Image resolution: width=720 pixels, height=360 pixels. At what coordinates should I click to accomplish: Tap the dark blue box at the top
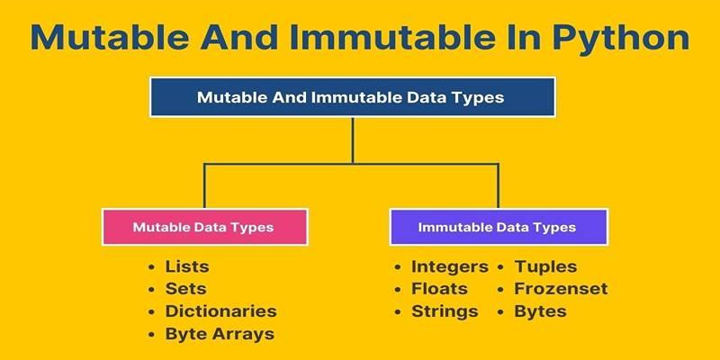[x=353, y=97]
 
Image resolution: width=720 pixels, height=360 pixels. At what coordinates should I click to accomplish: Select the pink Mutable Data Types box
[x=205, y=227]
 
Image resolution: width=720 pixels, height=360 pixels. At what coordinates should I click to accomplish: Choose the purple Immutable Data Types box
[x=499, y=227]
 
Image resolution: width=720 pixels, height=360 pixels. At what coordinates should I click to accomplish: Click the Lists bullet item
[x=187, y=266]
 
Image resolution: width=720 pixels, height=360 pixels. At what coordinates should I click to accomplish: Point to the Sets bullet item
[x=185, y=289]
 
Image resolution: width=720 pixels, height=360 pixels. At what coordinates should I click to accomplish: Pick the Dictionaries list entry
[x=220, y=311]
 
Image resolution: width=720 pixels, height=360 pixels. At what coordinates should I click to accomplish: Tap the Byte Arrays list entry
[x=220, y=334]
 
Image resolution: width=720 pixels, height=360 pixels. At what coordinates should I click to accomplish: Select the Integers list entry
[x=449, y=266]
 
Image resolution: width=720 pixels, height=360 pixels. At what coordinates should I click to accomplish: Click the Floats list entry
[x=439, y=289]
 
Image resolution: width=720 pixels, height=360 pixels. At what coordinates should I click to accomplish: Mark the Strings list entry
[x=445, y=311]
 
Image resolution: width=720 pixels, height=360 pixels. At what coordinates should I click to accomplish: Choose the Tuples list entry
[x=545, y=266]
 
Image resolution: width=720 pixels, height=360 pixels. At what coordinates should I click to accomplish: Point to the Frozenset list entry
[x=561, y=289]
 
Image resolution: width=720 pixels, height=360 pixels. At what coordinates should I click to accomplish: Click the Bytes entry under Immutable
[x=540, y=311]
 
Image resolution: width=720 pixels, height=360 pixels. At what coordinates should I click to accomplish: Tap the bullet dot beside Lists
[x=151, y=266]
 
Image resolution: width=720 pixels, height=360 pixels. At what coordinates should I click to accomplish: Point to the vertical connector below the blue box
[x=353, y=140]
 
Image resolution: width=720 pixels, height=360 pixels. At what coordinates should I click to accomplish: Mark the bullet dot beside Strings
[x=398, y=311]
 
